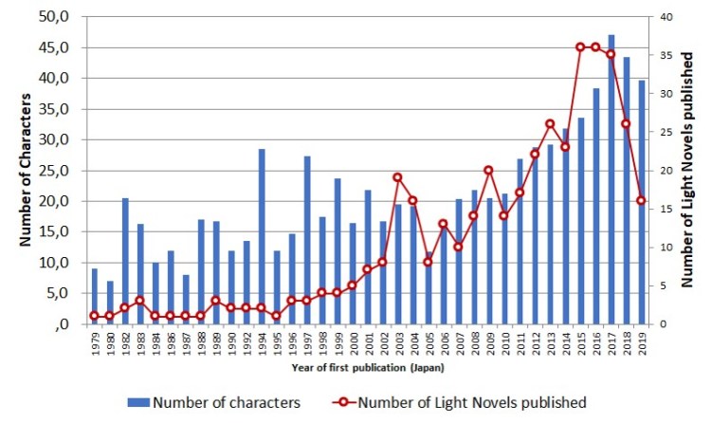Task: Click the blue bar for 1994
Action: click(262, 236)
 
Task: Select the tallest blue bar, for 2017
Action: click(611, 179)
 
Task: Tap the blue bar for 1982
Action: click(124, 261)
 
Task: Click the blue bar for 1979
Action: click(94, 296)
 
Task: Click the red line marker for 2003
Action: click(398, 177)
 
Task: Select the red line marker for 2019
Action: click(641, 201)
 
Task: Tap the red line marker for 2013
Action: click(550, 124)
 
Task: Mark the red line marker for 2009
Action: click(489, 171)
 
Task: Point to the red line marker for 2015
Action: click(580, 47)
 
